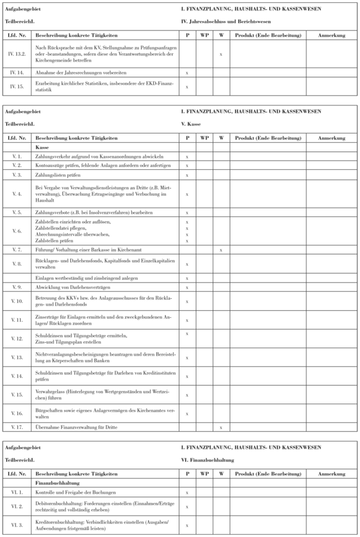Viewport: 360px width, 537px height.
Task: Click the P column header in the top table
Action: pyautogui.click(x=187, y=35)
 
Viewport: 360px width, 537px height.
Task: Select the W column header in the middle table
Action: pyautogui.click(x=221, y=138)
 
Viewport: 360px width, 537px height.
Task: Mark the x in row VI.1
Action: pyautogui.click(x=187, y=493)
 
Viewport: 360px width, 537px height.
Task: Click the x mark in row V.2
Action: pyautogui.click(x=187, y=165)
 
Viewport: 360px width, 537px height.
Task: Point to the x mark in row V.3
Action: pyautogui.click(x=187, y=174)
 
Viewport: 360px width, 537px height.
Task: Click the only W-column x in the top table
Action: pyautogui.click(x=221, y=55)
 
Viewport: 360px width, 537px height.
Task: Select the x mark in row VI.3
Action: pyautogui.click(x=187, y=524)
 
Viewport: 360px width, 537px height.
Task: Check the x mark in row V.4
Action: pyautogui.click(x=187, y=195)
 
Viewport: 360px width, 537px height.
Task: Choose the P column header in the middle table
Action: pyautogui.click(x=187, y=138)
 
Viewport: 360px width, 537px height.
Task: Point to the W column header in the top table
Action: pyautogui.click(x=221, y=35)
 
